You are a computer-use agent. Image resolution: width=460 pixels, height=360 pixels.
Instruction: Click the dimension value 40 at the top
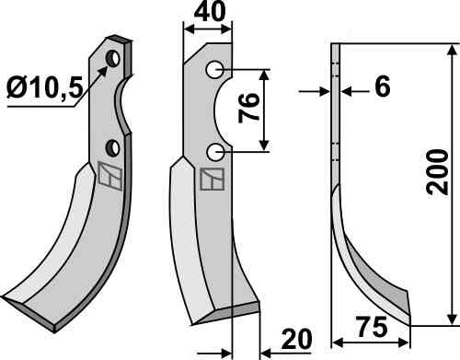pyautogui.click(x=210, y=11)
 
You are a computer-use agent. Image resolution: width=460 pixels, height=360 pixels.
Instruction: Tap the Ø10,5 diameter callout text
pyautogui.click(x=45, y=87)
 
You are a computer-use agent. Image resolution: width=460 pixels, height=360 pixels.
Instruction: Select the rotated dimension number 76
pyautogui.click(x=249, y=108)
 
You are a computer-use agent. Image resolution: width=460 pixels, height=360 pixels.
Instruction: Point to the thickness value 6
pyautogui.click(x=383, y=86)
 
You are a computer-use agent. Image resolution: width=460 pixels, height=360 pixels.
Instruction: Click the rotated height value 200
pyautogui.click(x=438, y=172)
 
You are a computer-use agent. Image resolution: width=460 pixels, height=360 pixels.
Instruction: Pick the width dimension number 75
pyautogui.click(x=372, y=327)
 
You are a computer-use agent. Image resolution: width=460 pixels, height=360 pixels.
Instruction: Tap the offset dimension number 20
pyautogui.click(x=296, y=340)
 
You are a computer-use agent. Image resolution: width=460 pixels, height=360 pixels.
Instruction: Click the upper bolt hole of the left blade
pyautogui.click(x=112, y=58)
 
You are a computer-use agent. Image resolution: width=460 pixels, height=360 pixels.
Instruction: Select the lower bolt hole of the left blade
pyautogui.click(x=112, y=148)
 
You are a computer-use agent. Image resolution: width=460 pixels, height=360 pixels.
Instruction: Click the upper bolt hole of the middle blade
pyautogui.click(x=214, y=70)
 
